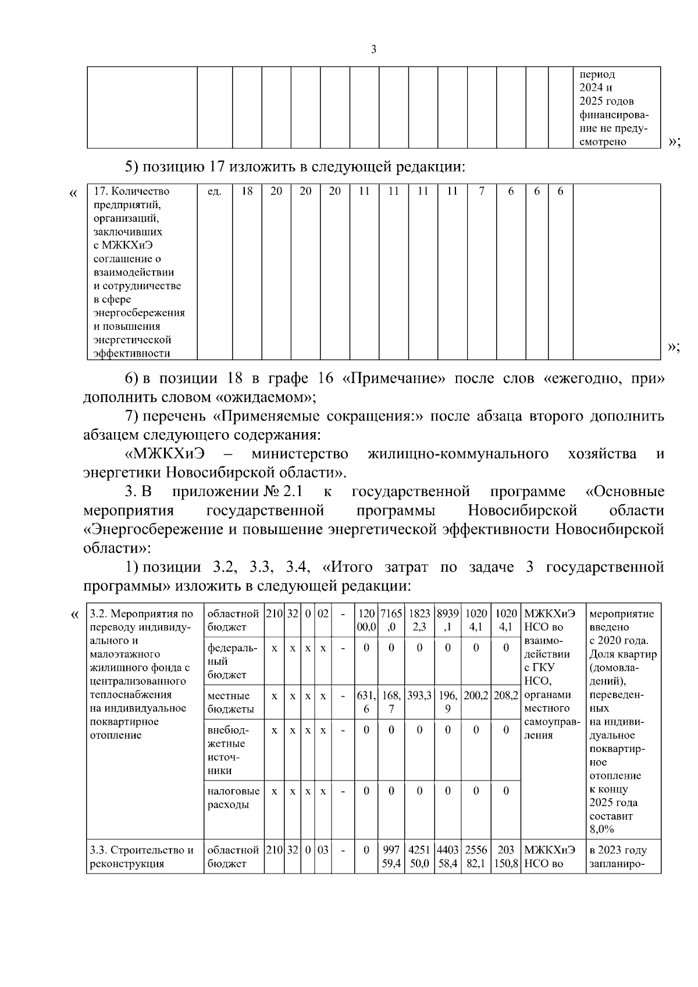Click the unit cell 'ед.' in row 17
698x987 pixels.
pos(214,191)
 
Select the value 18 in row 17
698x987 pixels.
pos(247,191)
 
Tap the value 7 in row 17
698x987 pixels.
pos(482,191)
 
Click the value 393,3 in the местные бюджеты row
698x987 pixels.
pos(419,696)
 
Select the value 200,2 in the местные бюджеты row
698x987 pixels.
pos(476,696)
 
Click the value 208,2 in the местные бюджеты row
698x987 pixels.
pos(506,696)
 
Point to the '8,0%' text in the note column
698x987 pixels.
pos(601,829)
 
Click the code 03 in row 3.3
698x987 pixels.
pos(322,850)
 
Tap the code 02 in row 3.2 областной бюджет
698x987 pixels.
pos(322,614)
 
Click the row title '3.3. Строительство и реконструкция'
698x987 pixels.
pos(142,857)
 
